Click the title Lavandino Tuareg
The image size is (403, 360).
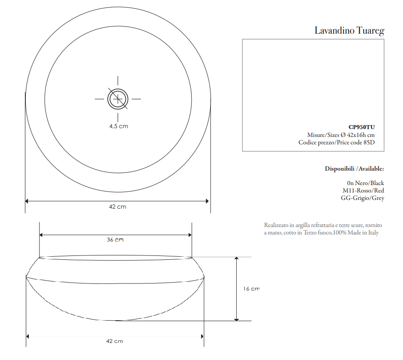349,31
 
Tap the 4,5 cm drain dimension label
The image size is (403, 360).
119,126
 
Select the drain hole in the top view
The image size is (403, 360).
118,98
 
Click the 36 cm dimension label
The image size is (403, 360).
115,239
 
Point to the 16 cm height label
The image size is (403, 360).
252,289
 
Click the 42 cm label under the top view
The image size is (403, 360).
117,206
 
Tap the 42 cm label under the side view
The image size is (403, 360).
115,341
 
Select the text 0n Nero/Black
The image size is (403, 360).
365,183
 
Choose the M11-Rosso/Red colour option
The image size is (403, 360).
363,190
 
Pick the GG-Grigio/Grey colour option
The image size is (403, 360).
362,198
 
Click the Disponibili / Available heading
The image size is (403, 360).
354,168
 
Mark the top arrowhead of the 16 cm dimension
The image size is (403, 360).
237,259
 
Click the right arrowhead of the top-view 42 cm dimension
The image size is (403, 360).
207,201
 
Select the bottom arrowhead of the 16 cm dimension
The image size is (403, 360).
237,318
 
